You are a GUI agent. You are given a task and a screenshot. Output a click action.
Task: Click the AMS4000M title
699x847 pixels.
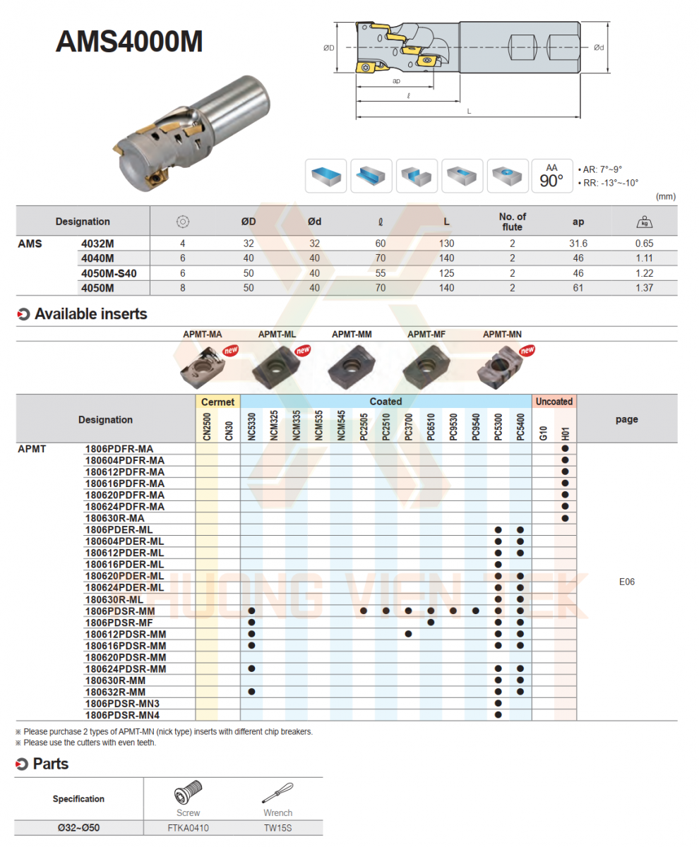[129, 42]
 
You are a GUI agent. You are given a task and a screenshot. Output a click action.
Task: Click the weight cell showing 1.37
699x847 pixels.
[644, 288]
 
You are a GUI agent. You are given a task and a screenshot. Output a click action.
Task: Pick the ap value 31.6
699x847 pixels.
[578, 244]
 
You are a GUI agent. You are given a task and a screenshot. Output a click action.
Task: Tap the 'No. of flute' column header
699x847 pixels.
[512, 222]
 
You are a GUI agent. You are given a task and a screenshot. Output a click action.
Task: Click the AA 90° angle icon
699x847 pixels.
[551, 176]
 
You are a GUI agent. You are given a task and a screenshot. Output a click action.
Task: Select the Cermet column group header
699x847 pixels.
[217, 402]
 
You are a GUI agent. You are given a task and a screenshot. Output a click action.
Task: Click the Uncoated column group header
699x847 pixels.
[554, 402]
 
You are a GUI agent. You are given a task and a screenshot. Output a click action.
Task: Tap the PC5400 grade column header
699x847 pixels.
[520, 426]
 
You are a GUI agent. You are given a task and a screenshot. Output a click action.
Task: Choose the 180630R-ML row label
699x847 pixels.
[114, 599]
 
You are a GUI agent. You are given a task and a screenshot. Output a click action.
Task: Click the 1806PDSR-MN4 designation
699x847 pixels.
[122, 715]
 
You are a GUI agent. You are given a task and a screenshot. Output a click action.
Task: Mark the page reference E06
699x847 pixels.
[626, 582]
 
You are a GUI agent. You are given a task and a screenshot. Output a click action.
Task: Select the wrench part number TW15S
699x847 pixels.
[277, 828]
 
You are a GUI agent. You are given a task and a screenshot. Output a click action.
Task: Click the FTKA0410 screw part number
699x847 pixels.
[189, 828]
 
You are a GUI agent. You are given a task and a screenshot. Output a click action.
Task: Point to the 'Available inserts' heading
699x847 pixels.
[90, 315]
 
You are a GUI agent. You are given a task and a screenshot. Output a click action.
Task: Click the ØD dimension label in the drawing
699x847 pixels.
[328, 48]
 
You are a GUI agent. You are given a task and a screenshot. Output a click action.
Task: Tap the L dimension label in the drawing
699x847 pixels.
[469, 112]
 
